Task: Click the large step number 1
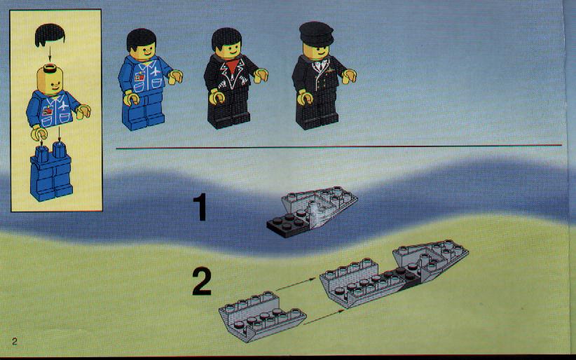200,207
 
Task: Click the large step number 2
202,282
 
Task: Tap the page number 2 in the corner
14,341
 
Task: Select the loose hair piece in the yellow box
50,35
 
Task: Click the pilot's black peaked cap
316,34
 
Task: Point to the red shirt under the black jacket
231,66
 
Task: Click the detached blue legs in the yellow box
51,171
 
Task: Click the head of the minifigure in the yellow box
50,79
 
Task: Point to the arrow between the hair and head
50,55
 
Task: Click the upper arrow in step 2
295,284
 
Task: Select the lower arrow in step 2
324,317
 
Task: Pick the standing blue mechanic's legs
143,111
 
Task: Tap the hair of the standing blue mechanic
142,39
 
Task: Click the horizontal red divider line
338,147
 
